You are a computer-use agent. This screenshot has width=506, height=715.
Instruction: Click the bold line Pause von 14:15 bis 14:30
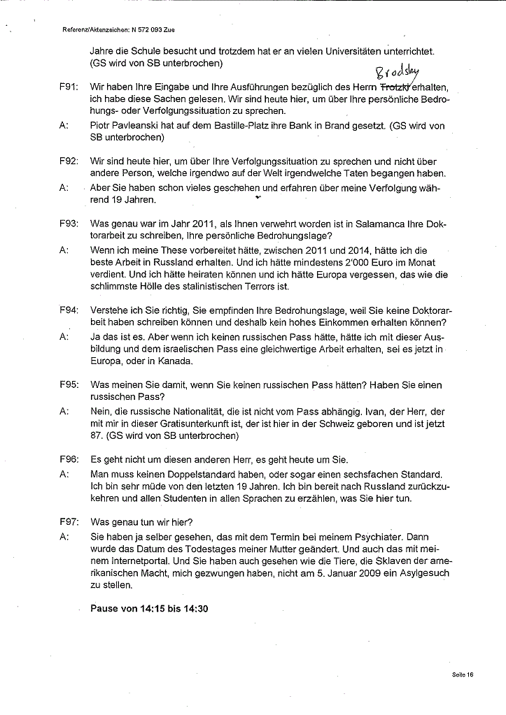point(149,608)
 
